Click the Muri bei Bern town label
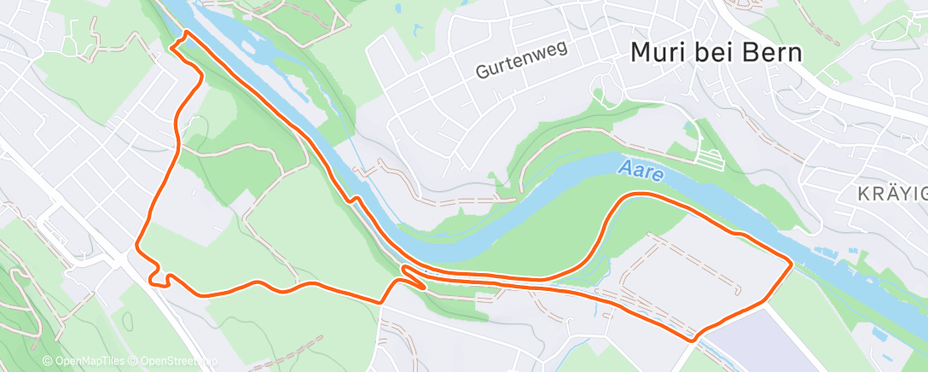click(x=716, y=52)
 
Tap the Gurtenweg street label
click(x=521, y=63)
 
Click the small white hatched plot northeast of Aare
click(x=708, y=155)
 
